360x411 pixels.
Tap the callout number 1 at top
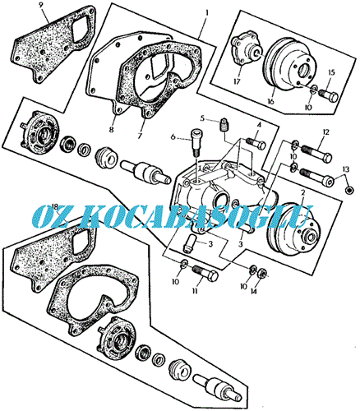[207, 12]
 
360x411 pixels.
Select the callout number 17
[238, 81]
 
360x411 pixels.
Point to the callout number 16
[270, 101]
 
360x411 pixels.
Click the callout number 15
[331, 72]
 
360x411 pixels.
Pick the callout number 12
[325, 132]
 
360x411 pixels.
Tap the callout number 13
[346, 169]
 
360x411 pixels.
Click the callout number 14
[254, 292]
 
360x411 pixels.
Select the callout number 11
[195, 291]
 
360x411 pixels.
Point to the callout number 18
[55, 206]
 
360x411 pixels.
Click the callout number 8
[111, 129]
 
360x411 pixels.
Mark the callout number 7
[140, 136]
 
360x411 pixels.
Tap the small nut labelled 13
[348, 190]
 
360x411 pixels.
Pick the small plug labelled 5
[224, 124]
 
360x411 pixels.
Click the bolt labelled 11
[206, 273]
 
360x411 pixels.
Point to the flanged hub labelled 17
[245, 49]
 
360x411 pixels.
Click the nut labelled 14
[262, 272]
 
